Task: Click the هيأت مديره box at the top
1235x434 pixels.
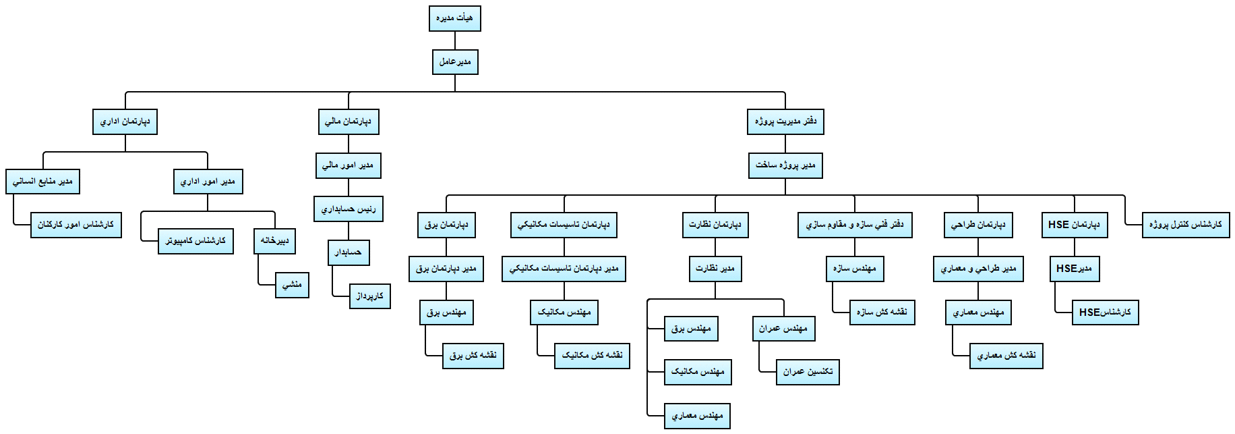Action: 454,18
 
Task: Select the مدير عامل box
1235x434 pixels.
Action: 455,62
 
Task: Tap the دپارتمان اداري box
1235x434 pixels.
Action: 125,122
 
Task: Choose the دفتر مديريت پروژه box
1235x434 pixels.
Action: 785,122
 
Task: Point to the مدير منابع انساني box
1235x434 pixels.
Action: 42,182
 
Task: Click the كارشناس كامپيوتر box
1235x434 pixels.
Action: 195,241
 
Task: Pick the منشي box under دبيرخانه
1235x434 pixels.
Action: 292,285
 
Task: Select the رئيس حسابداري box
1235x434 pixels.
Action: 349,209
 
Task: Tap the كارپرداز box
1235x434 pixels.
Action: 370,296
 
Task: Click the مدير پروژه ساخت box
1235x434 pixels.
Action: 785,165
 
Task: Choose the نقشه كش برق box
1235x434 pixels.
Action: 473,355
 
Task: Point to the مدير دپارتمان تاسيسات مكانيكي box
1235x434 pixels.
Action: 564,269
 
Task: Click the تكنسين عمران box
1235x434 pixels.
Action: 808,372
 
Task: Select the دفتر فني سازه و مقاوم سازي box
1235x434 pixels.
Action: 855,225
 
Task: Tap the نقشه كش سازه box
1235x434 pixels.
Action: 882,312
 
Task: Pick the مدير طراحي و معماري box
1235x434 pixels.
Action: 978,269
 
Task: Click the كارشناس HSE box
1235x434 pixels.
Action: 1105,312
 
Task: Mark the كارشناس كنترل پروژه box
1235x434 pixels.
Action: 1185,225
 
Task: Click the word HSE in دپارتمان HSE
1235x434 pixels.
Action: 1059,225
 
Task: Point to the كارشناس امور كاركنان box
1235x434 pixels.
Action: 76,225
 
